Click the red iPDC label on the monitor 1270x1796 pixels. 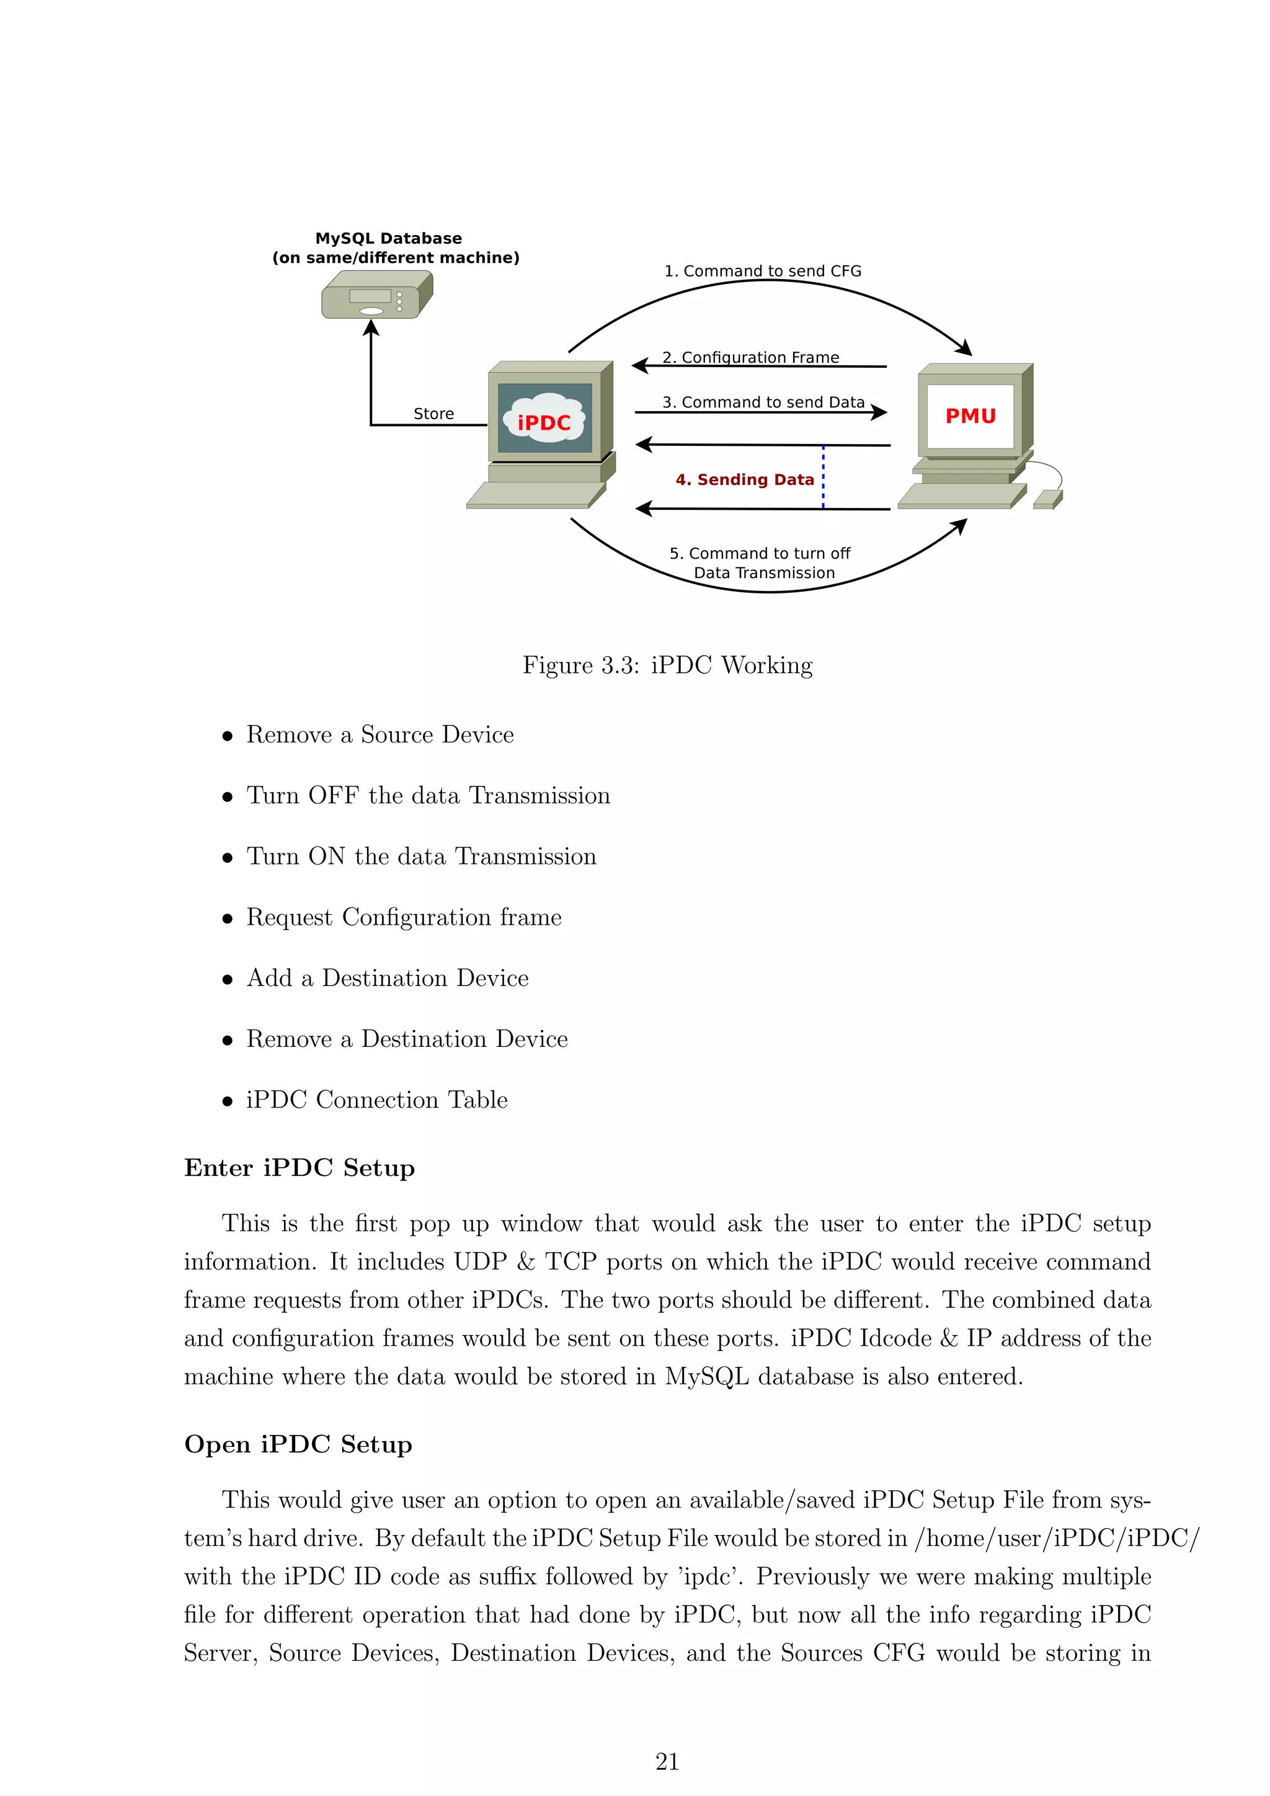coord(544,422)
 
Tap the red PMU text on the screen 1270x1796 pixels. coord(970,416)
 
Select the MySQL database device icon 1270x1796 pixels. coord(377,295)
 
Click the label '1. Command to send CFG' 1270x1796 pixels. coord(763,270)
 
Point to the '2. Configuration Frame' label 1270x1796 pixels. coord(751,357)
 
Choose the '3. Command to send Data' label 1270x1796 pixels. coord(763,402)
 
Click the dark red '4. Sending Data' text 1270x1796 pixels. coord(745,479)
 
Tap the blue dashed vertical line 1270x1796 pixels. coord(824,477)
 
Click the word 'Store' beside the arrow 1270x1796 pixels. coord(433,414)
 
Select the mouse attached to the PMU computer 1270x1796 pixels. coord(1047,499)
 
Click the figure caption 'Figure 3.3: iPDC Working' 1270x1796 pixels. coord(667,665)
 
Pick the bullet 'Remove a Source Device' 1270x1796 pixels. coord(380,734)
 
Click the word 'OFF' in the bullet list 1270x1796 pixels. coord(333,796)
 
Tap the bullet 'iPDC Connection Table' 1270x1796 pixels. coord(377,1100)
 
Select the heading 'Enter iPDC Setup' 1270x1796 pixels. coord(300,1168)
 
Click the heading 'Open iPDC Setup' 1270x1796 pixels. coord(298,1444)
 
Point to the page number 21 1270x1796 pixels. coord(667,1762)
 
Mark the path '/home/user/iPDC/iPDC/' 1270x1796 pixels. coord(1057,1538)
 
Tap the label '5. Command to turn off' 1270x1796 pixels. coord(760,553)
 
